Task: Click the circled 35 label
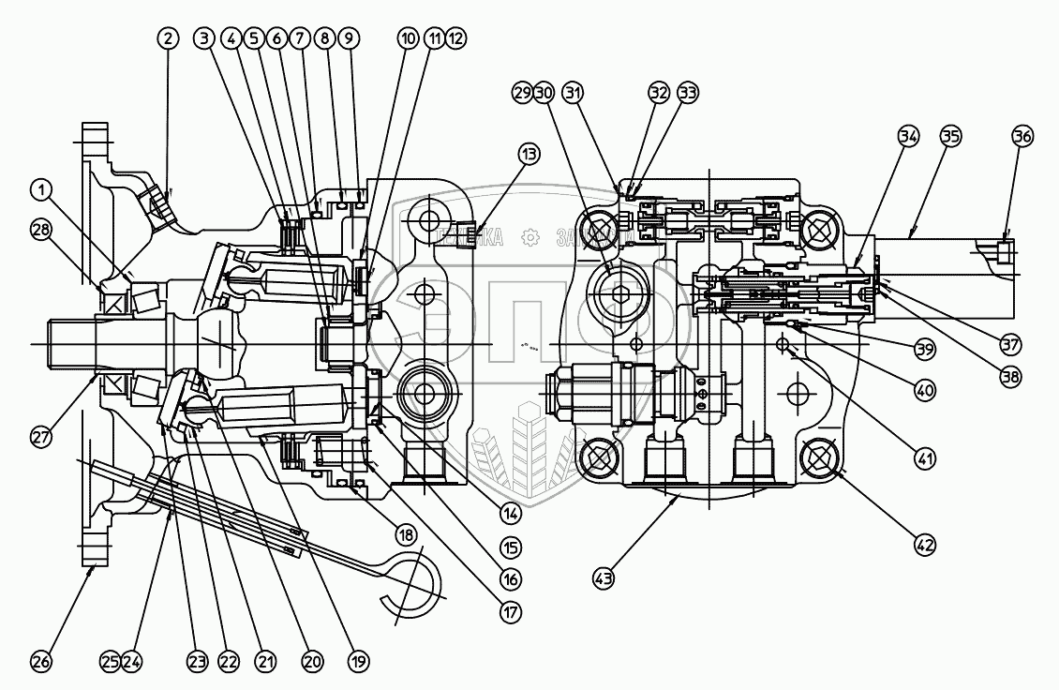coord(950,136)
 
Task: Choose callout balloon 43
coord(603,579)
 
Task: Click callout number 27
coord(39,436)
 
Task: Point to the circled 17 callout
coord(510,611)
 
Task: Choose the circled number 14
coord(510,513)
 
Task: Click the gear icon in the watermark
coord(530,237)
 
